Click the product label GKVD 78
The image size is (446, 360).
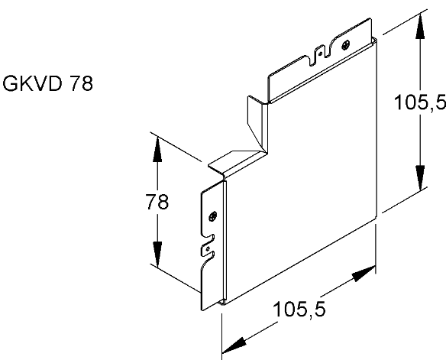[48, 83]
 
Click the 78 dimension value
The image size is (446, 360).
[157, 202]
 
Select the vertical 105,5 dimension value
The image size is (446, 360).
[420, 102]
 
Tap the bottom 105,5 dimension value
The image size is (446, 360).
[299, 310]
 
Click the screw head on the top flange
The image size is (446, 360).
[346, 45]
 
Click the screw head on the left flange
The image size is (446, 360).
[213, 216]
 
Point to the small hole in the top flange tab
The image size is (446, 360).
[320, 54]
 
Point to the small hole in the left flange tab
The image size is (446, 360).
[208, 249]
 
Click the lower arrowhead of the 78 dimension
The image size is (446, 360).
[157, 254]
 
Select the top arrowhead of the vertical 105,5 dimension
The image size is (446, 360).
[420, 26]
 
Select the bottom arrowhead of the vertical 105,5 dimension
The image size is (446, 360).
[420, 178]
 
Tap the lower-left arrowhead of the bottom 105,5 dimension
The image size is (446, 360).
[234, 345]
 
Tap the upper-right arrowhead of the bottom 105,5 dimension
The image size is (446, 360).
[364, 274]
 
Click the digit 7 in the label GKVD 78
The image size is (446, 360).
[75, 83]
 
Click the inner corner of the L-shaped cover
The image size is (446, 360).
[268, 154]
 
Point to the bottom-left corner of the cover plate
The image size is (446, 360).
[224, 304]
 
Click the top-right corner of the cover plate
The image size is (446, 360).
[377, 38]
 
